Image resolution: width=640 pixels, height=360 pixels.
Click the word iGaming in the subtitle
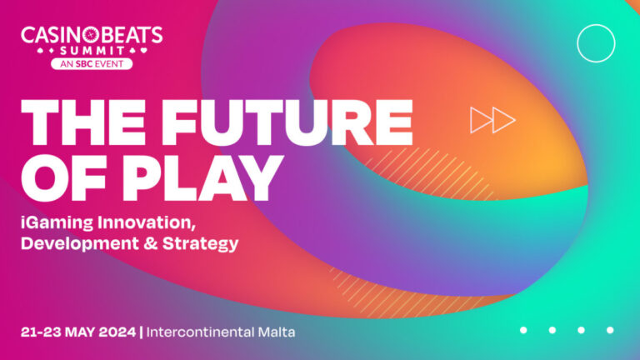coord(57,223)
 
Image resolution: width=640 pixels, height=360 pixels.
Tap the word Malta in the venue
coord(276,332)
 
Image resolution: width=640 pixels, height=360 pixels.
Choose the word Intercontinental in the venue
coord(201,332)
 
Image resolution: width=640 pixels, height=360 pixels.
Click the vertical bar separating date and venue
coord(142,332)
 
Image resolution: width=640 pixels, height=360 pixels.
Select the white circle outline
coord(596,42)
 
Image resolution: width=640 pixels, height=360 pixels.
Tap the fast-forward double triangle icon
coord(492,120)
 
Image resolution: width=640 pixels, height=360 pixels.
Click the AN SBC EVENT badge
coord(92,63)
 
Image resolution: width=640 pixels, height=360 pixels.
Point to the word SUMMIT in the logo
coord(92,50)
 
